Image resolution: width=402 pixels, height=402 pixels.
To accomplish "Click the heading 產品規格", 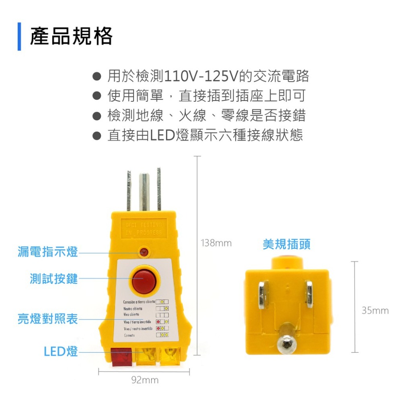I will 71,37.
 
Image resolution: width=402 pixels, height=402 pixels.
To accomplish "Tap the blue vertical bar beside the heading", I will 19,37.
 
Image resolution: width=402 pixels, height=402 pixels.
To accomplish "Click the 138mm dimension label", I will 216,243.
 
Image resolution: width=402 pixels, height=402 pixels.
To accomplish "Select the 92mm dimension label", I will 145,380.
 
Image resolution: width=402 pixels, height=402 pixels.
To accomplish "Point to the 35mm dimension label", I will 375,310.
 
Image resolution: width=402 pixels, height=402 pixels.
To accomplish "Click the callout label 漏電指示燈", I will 48,252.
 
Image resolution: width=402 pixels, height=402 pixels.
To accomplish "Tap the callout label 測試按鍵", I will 54,278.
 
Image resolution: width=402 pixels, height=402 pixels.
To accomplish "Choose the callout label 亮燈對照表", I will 48,320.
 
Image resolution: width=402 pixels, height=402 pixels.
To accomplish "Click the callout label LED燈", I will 61,351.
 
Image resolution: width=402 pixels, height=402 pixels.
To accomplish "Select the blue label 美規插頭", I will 287,244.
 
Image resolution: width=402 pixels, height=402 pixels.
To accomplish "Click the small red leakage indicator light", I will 144,252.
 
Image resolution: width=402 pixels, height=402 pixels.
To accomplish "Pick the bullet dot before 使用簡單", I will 96,96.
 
